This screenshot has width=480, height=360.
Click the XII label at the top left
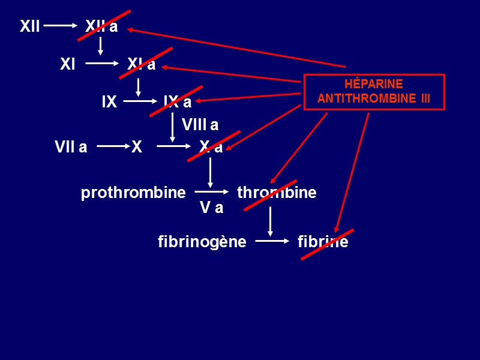(29, 26)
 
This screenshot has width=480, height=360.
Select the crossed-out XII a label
(101, 26)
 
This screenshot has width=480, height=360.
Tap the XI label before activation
(68, 64)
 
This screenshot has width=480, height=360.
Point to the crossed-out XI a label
(142, 64)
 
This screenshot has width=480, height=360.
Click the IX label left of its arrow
(109, 102)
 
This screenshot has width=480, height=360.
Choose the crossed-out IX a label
(178, 102)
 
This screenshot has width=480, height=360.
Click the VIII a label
(200, 125)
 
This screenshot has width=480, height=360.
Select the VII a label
(71, 147)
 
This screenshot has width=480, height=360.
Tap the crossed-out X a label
(211, 147)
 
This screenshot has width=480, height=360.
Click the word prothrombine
(133, 193)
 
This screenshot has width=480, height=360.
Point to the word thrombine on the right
(277, 193)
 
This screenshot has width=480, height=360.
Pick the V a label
(211, 208)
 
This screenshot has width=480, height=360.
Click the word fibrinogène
(202, 242)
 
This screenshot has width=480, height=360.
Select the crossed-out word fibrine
(323, 242)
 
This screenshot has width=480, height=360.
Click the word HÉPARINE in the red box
(374, 85)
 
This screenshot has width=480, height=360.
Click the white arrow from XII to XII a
(60, 26)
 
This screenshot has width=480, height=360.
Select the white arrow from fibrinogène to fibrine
(272, 242)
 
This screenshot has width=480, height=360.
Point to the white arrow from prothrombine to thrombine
(212, 192)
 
